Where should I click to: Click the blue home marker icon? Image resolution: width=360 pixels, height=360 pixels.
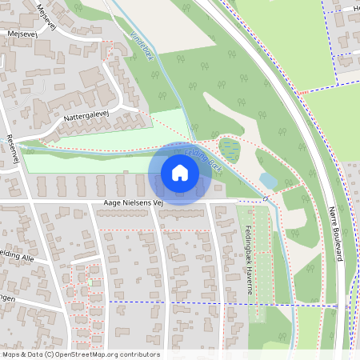pos(179,173)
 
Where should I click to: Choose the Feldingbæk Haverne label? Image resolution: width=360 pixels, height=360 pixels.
pos(247,243)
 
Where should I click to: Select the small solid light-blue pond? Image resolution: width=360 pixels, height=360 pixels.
pos(269,182)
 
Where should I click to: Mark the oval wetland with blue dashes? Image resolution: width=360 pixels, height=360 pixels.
pos(229,149)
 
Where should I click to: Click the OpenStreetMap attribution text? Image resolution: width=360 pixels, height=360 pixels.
pos(80,354)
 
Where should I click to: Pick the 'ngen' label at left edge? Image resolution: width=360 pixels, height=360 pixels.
pos(9,298)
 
